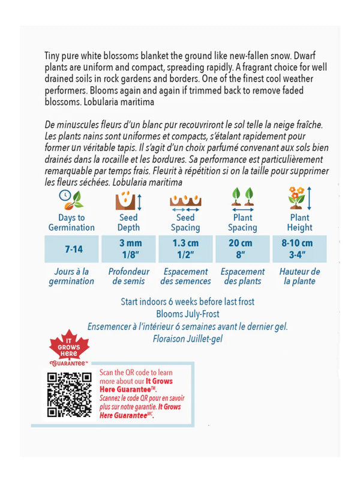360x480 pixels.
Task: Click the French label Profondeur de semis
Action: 129,276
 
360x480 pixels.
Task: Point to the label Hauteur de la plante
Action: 299,276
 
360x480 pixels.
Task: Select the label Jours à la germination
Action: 71,276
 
